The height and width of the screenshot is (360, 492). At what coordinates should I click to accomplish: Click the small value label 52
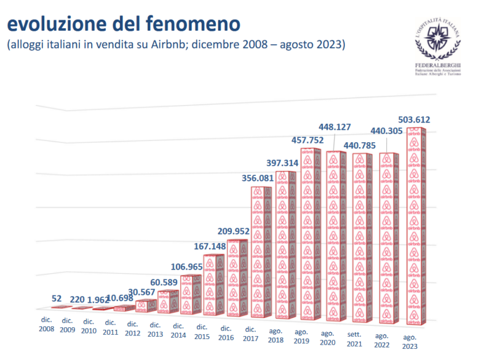tap(57, 298)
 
